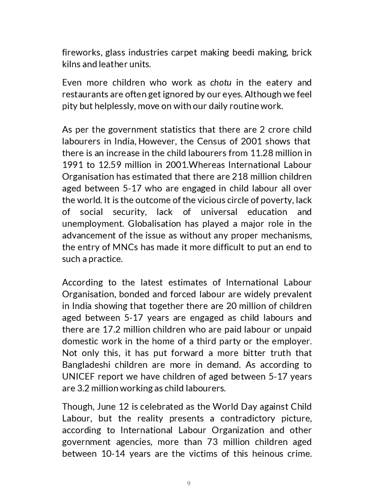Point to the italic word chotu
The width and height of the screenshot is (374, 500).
pos(221,83)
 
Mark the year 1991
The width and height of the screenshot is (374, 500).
pos(72,165)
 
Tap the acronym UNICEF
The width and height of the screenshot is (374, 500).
pos(78,376)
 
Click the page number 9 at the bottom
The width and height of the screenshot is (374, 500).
pos(189,483)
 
